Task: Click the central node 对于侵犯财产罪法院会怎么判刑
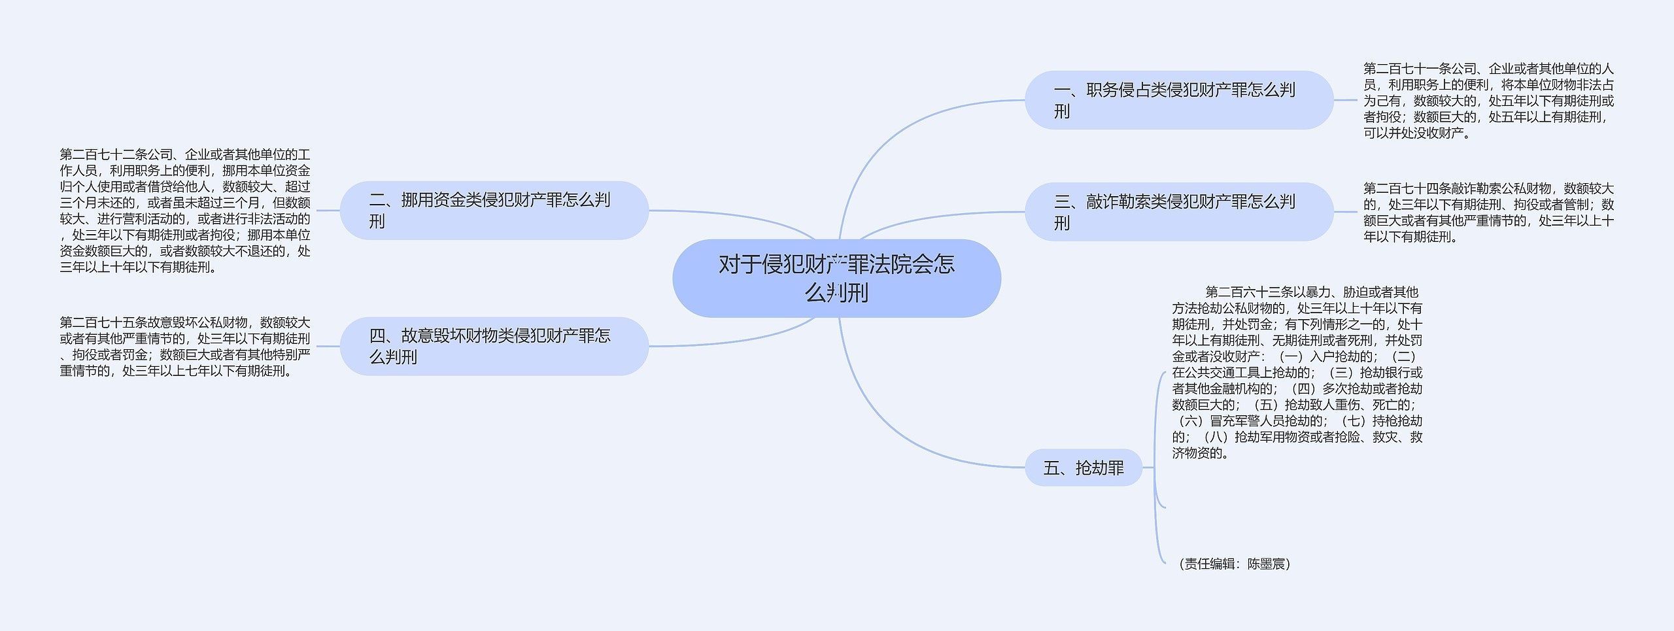click(836, 279)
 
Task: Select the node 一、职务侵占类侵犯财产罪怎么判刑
click(1178, 100)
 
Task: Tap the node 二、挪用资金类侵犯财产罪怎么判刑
click(494, 211)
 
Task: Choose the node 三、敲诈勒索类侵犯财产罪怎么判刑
click(1178, 212)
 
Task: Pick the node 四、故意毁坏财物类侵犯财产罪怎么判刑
click(494, 346)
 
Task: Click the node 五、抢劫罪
click(1083, 468)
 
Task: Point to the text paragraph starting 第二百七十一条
click(1488, 101)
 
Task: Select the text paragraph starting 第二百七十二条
click(185, 211)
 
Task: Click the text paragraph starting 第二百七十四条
click(1488, 213)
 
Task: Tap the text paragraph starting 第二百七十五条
click(185, 347)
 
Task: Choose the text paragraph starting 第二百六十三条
click(1297, 372)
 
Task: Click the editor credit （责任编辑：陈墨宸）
click(1234, 564)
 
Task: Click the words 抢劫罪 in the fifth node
click(1099, 468)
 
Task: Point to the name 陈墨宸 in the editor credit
click(1266, 564)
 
